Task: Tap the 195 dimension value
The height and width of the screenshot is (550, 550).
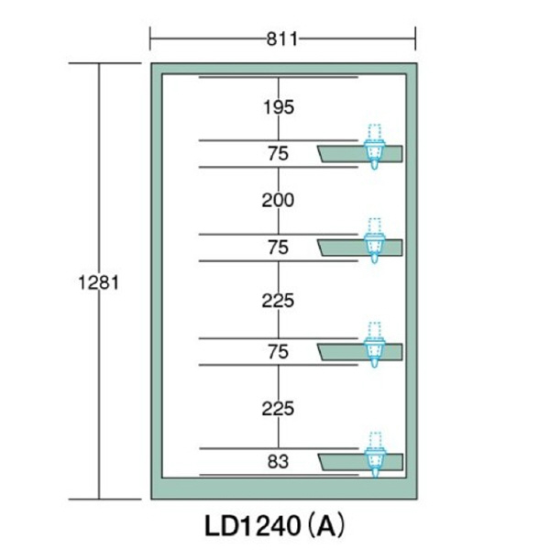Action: click(x=278, y=107)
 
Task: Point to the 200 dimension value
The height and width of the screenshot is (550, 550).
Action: click(x=278, y=200)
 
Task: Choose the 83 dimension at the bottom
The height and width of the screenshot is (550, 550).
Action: click(x=278, y=462)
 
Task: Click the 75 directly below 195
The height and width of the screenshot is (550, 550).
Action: click(x=278, y=154)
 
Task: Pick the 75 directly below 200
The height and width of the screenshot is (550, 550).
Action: click(x=278, y=247)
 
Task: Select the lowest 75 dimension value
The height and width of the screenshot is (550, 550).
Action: click(x=278, y=352)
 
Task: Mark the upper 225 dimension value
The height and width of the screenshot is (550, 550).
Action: click(x=278, y=300)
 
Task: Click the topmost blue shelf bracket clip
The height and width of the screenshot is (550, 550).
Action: click(x=373, y=148)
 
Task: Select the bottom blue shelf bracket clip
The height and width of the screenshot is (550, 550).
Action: click(x=373, y=456)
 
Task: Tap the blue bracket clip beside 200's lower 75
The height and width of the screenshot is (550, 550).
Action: click(x=373, y=243)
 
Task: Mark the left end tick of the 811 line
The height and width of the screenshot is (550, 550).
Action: click(x=151, y=38)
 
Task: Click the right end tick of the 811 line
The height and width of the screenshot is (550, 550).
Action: click(x=416, y=38)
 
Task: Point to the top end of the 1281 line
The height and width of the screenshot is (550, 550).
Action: click(x=99, y=63)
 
